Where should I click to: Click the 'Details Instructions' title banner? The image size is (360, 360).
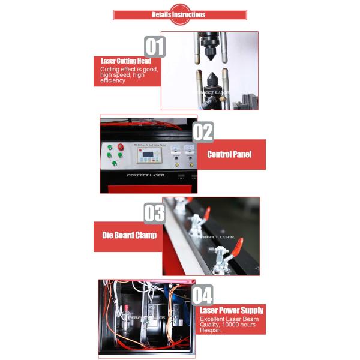179,14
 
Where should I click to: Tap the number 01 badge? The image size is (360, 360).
154,47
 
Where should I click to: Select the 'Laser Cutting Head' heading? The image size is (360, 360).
126,61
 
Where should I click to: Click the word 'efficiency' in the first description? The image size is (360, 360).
113,80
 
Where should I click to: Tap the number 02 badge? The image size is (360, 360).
203,131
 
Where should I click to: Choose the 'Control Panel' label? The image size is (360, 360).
229,154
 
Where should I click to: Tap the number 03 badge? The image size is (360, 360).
154,214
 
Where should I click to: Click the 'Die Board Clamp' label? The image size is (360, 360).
127,235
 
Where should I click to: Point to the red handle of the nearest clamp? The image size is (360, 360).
237,246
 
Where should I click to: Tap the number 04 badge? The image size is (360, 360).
202,295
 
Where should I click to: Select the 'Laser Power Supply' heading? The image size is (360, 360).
232,310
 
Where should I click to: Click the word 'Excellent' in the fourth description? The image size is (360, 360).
212,319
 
